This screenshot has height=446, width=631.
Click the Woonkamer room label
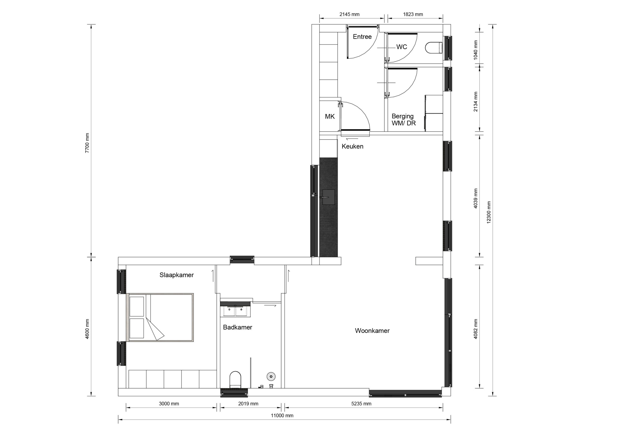click(372, 331)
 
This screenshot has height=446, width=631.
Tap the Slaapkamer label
click(176, 275)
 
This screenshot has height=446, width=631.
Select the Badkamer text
click(237, 327)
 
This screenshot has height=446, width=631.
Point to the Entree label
click(362, 36)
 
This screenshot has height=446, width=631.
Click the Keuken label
click(352, 146)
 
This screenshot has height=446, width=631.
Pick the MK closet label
click(330, 117)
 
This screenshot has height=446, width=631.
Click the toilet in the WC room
click(434, 48)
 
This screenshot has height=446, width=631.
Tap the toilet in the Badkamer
click(235, 379)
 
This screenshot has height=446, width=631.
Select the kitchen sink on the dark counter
click(328, 197)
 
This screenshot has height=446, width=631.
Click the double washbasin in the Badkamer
click(235, 311)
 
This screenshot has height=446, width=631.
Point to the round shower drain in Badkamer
click(271, 376)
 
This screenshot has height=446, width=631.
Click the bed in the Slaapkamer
click(160, 318)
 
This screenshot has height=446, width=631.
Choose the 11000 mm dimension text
click(282, 415)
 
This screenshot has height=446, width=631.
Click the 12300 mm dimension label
click(488, 212)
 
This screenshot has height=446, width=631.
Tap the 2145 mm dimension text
click(349, 14)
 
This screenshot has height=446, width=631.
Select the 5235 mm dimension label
click(361, 404)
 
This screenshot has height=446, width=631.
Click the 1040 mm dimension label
click(475, 50)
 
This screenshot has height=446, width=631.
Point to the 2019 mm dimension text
click(248, 404)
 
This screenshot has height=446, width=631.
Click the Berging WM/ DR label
click(403, 120)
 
